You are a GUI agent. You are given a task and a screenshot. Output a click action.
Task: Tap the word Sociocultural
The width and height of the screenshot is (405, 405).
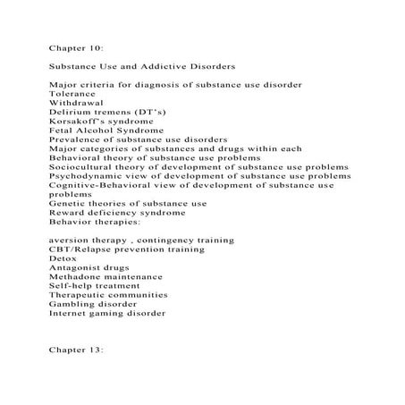tap(84, 166)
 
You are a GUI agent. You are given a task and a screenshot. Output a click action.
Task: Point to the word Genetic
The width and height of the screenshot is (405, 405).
tap(68, 203)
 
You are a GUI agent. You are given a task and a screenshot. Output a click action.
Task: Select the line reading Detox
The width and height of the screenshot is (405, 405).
tap(62, 258)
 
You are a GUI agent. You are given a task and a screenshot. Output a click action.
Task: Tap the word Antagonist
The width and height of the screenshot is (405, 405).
tap(77, 267)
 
